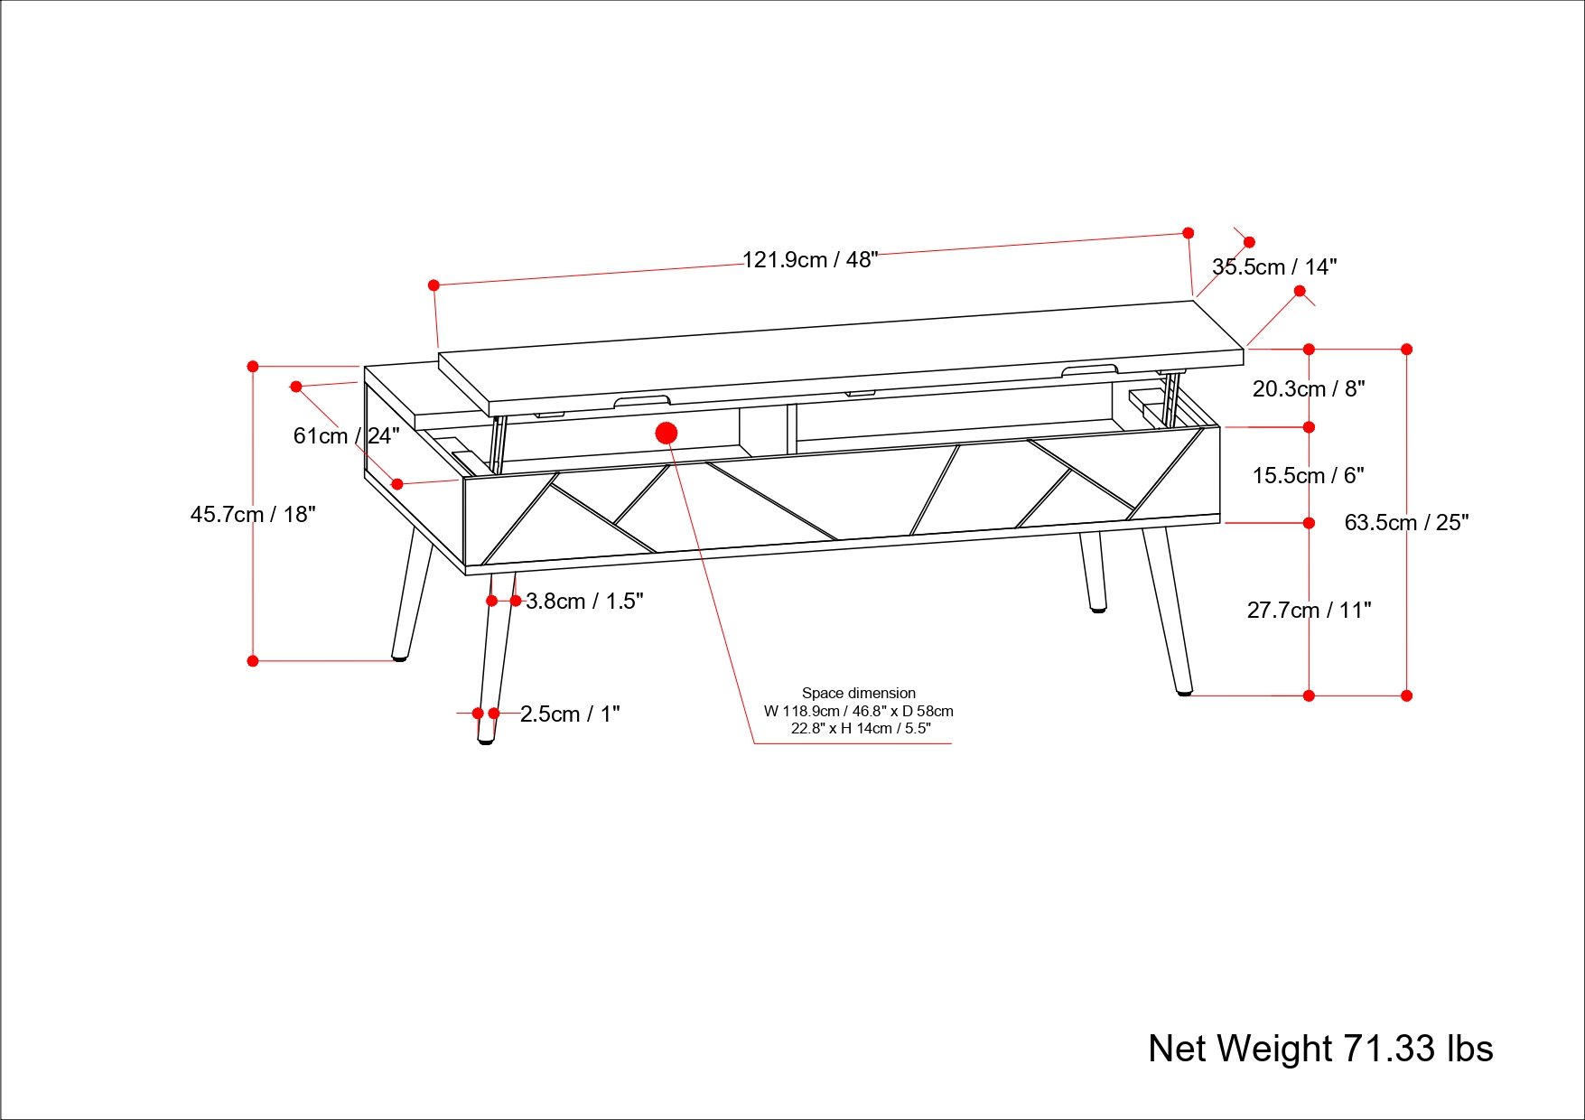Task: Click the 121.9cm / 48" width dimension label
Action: coord(809,260)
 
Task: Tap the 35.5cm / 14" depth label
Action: coord(1273,267)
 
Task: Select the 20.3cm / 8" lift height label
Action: coord(1308,389)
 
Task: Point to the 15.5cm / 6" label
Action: coord(1307,476)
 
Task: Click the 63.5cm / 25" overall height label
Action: coord(1406,523)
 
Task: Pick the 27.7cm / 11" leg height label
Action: coord(1309,611)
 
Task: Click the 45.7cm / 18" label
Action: coord(253,515)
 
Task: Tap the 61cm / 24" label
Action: coord(346,436)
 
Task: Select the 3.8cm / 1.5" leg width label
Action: coord(584,602)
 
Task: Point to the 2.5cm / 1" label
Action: coord(570,714)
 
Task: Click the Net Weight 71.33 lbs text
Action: coord(1319,1049)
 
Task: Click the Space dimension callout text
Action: coord(858,711)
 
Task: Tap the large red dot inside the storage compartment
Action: coord(667,434)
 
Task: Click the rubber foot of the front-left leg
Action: coord(486,741)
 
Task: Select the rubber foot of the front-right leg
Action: coord(1183,693)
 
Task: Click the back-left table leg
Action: coord(412,596)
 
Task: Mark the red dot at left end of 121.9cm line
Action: coord(434,285)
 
